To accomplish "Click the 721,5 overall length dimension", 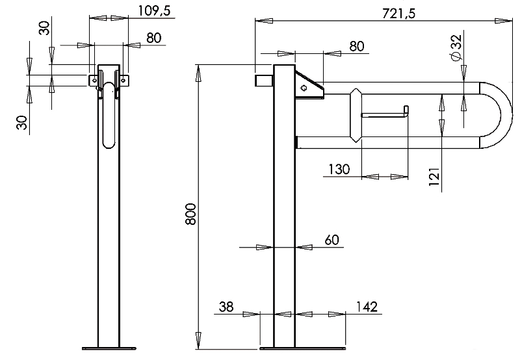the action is point(398,14).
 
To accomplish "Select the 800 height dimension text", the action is point(190,214).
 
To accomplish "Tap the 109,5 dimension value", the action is point(154,10).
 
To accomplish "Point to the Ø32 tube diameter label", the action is point(457,47).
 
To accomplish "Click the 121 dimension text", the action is point(434,177).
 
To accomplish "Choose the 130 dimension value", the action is point(339,170).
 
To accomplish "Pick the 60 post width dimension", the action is point(331,240).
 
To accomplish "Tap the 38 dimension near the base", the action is point(226,307).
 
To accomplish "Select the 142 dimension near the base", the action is point(367,307).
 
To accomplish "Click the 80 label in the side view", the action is point(356,46).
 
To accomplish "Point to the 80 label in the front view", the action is point(154,38).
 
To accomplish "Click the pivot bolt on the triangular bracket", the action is point(304,88).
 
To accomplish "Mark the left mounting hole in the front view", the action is point(94,80).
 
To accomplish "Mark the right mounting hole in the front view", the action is point(123,80).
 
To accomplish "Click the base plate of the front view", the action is point(109,348).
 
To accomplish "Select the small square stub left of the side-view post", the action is point(264,80).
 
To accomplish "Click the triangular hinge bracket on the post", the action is point(309,85).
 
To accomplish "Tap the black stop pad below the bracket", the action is point(296,142).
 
